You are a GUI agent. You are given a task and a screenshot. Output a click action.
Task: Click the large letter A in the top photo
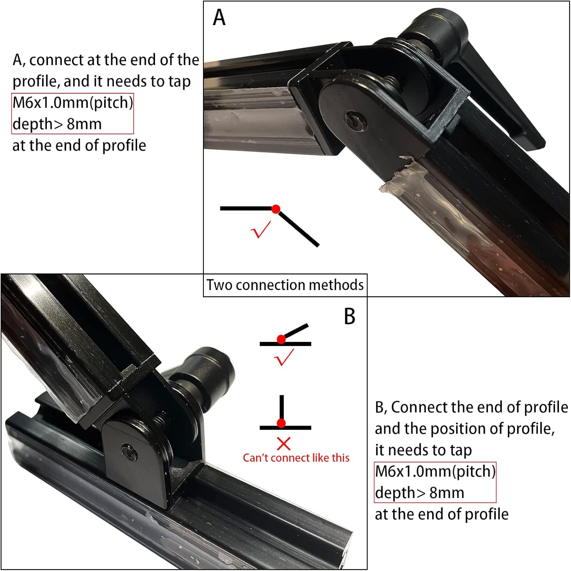[219, 18]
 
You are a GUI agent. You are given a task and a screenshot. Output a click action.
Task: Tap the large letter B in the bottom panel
[349, 316]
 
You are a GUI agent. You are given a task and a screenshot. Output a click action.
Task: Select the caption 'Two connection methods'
[285, 285]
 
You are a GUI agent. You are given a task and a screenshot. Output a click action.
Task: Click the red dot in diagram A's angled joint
[276, 209]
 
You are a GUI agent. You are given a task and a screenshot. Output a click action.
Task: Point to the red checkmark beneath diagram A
[261, 230]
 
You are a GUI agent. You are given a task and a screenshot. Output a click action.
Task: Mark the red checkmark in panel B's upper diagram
[284, 357]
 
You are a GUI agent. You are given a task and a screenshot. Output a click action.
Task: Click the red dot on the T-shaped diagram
[281, 423]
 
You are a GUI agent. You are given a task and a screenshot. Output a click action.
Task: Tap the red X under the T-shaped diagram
[283, 444]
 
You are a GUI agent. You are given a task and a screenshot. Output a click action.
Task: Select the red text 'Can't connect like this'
[296, 458]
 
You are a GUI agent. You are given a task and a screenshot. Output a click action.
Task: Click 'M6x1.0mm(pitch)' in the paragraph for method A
[73, 103]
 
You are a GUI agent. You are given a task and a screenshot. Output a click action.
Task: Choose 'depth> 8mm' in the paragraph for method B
[419, 493]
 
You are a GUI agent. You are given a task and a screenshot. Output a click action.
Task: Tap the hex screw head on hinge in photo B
[129, 450]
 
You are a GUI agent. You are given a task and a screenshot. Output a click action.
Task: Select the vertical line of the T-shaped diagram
[282, 407]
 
